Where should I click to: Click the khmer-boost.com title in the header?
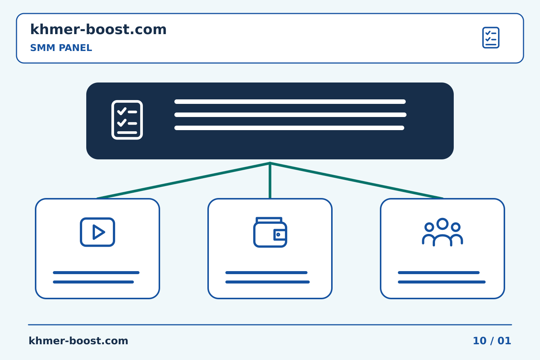[98, 29]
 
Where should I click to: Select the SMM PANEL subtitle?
[61, 48]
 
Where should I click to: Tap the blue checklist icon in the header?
[490, 37]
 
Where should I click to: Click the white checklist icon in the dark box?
[127, 120]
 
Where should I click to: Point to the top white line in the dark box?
[290, 102]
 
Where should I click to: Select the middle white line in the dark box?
[291, 115]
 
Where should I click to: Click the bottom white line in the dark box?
[289, 128]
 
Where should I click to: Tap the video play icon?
[97, 232]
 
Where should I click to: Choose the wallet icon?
[270, 232]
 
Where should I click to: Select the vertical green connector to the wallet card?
[270, 180]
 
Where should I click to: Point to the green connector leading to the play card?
[183, 181]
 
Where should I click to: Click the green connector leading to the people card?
[357, 181]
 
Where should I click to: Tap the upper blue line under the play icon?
[96, 273]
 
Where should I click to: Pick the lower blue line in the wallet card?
[268, 282]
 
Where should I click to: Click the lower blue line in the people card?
[442, 282]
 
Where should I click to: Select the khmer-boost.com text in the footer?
[78, 341]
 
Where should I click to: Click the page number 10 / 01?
[492, 341]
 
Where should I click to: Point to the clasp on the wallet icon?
[280, 235]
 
